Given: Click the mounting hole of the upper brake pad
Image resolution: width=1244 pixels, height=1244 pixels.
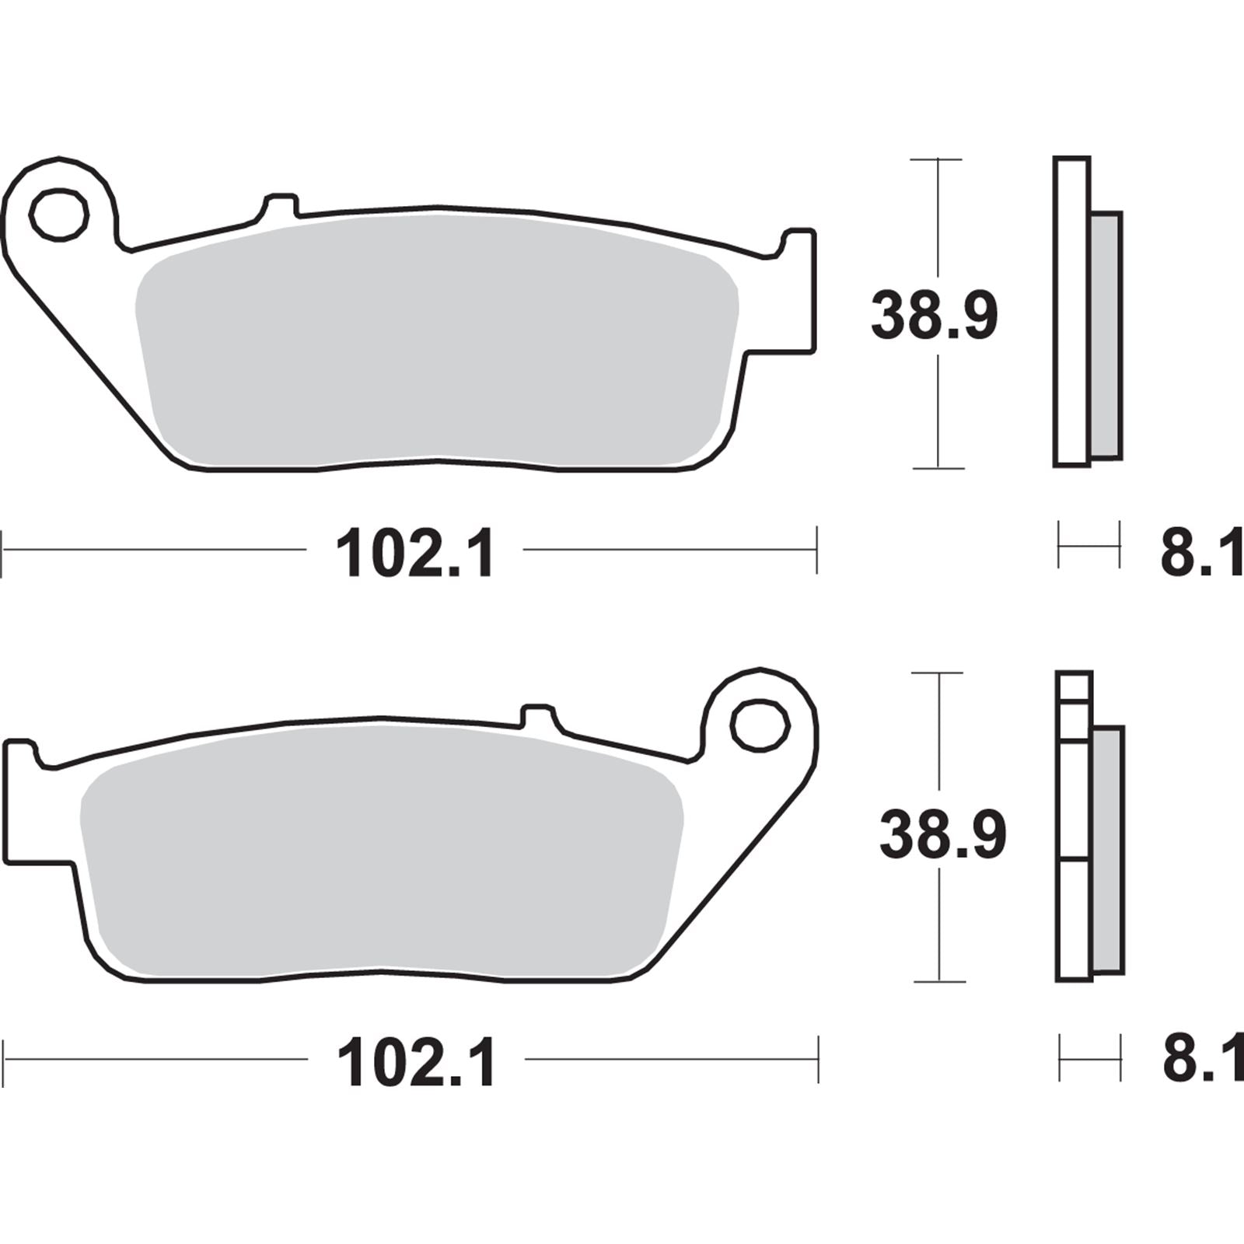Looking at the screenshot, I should tap(58, 212).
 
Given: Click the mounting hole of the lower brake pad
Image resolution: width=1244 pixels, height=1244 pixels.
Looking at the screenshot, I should tap(760, 725).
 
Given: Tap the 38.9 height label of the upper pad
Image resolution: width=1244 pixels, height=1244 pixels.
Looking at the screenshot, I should tap(933, 315).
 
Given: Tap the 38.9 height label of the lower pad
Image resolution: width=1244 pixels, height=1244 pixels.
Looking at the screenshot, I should tap(942, 834).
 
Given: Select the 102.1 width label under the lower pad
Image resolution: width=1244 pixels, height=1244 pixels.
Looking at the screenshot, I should tap(416, 1064).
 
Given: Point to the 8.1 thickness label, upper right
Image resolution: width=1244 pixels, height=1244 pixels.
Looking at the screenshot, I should tap(1200, 554).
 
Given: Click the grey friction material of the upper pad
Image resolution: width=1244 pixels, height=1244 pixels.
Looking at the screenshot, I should tap(435, 342).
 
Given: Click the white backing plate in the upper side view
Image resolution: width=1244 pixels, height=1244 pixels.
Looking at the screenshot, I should tap(1071, 311).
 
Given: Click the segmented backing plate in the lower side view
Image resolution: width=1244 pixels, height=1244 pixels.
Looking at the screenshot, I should tap(1074, 824).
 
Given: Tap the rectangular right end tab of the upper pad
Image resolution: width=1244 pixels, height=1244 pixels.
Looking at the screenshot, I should tap(799, 292).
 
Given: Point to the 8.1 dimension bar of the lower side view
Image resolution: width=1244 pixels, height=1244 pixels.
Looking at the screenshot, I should tap(1090, 1058).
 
